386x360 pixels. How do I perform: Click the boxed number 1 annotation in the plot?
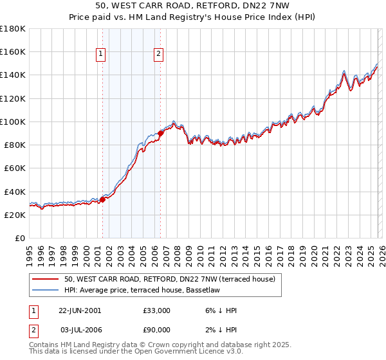tap(102, 55)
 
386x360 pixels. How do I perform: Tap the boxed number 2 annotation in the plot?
tap(158, 55)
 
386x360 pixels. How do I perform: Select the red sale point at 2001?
tap(102, 199)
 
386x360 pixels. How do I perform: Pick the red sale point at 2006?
tap(160, 133)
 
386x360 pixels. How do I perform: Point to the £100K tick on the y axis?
tap(13, 122)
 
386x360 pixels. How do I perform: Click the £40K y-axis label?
tap(15, 192)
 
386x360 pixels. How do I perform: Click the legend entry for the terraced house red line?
tap(170, 279)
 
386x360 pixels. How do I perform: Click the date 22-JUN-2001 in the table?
tap(80, 310)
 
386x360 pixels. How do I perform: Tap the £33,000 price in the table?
tap(157, 310)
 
